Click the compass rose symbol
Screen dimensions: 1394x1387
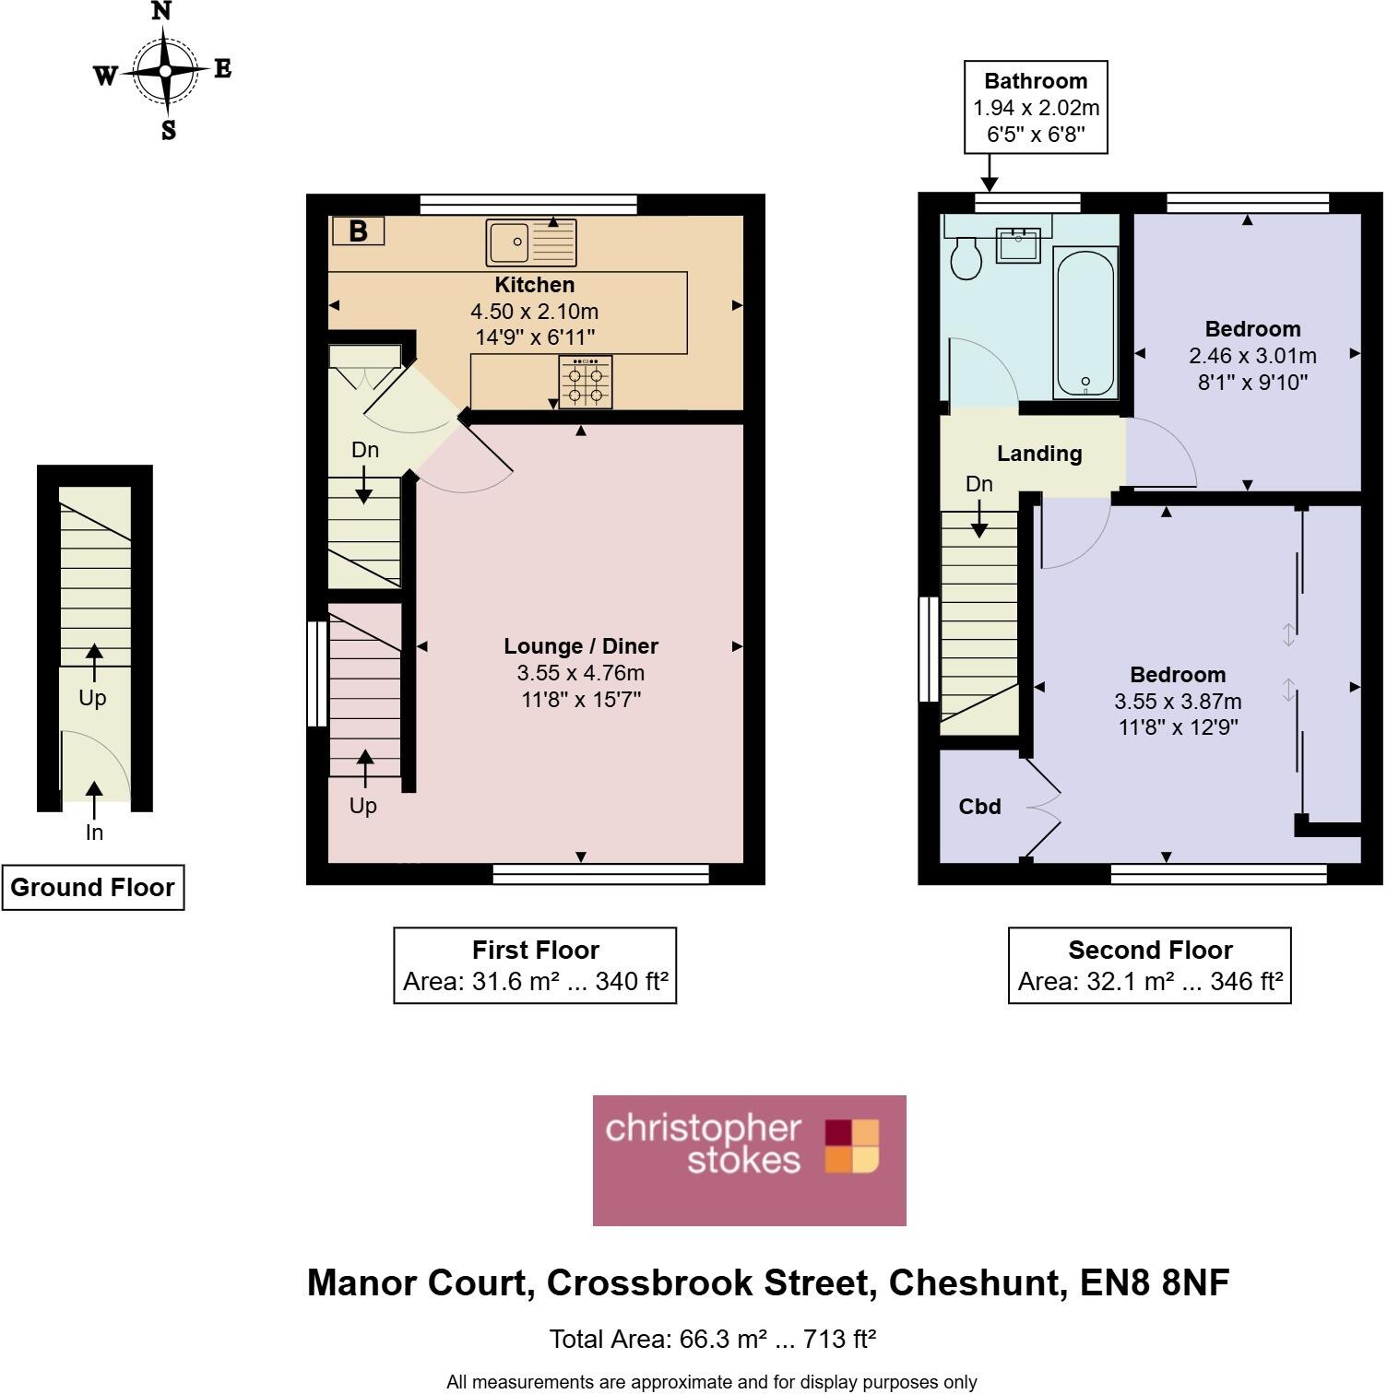165,72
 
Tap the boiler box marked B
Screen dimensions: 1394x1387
358,230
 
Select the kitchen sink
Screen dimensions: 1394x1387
530,242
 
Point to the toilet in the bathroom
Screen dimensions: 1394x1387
966,258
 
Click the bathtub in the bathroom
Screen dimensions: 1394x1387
1085,322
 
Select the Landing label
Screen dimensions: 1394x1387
1039,454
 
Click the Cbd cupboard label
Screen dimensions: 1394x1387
979,807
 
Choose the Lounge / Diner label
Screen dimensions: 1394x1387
581,646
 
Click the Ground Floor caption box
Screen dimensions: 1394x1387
92,887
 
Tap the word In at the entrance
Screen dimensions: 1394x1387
94,833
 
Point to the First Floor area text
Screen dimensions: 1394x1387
535,981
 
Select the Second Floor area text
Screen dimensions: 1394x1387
1150,981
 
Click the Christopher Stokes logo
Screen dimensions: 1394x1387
749,1160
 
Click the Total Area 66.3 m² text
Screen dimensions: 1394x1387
712,1339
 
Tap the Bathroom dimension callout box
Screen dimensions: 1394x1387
1036,107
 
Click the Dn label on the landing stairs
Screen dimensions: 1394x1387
978,484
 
